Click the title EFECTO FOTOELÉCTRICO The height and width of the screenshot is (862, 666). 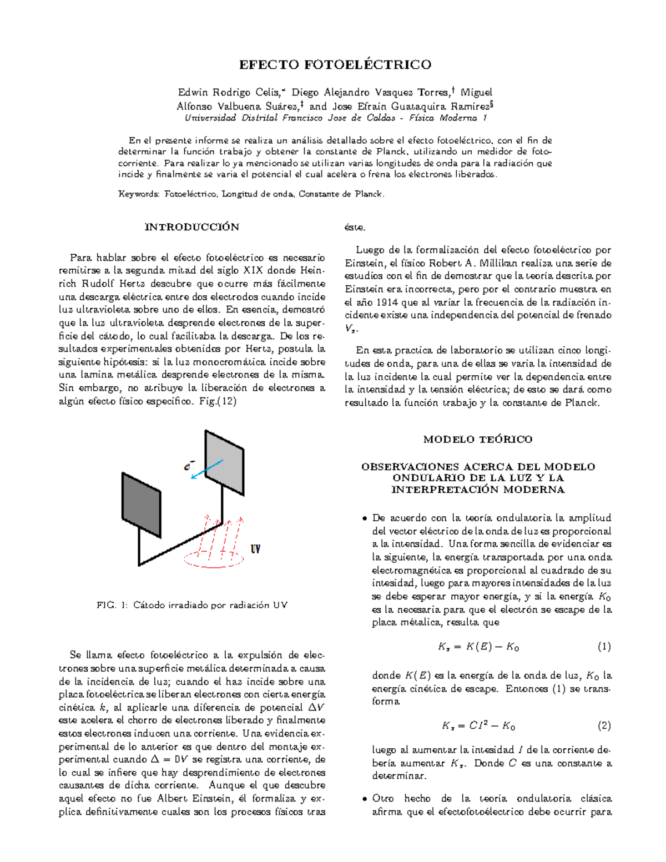click(335, 65)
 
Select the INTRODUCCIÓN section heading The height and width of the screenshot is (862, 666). click(191, 227)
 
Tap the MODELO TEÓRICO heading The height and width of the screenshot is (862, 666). click(478, 440)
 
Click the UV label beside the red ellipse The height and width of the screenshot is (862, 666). click(255, 550)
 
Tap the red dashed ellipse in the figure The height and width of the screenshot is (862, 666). click(214, 557)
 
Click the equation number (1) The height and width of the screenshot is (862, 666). click(604, 647)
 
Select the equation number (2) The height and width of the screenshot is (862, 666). click(604, 725)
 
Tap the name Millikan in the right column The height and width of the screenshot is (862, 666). click(500, 263)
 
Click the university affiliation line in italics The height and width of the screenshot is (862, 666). click(335, 118)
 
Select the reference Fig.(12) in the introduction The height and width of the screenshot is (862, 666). click(218, 401)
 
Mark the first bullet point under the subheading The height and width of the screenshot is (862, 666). click(364, 518)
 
